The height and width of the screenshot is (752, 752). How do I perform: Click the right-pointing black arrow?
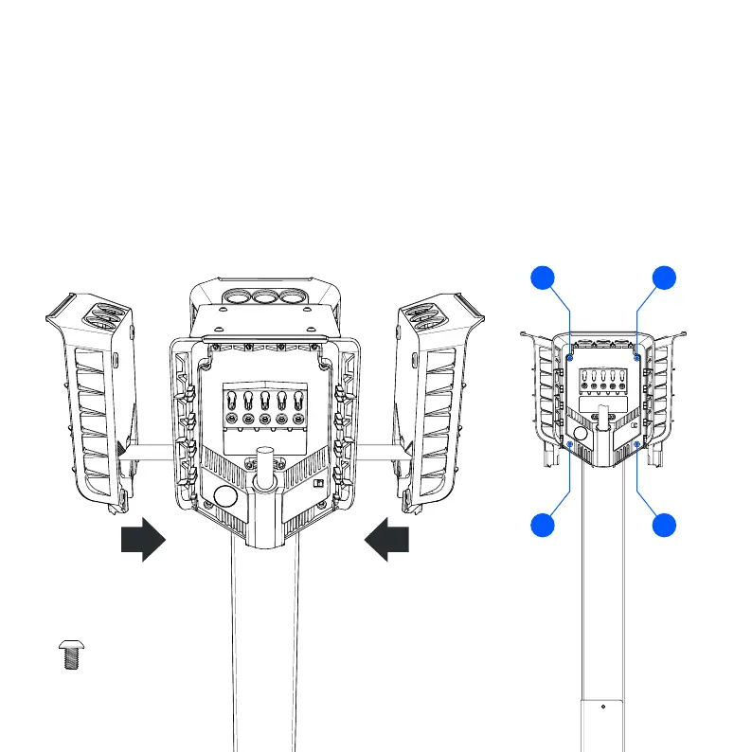pyautogui.click(x=143, y=539)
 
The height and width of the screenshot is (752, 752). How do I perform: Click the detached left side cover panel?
pyautogui.click(x=91, y=398)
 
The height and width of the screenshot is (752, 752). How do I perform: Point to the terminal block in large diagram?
pyautogui.click(x=264, y=407)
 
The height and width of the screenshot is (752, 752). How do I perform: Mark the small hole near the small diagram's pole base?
pyautogui.click(x=603, y=705)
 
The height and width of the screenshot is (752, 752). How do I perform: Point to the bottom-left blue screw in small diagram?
pyautogui.click(x=569, y=442)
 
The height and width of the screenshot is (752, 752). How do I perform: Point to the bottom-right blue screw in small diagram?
pyautogui.click(x=636, y=442)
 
